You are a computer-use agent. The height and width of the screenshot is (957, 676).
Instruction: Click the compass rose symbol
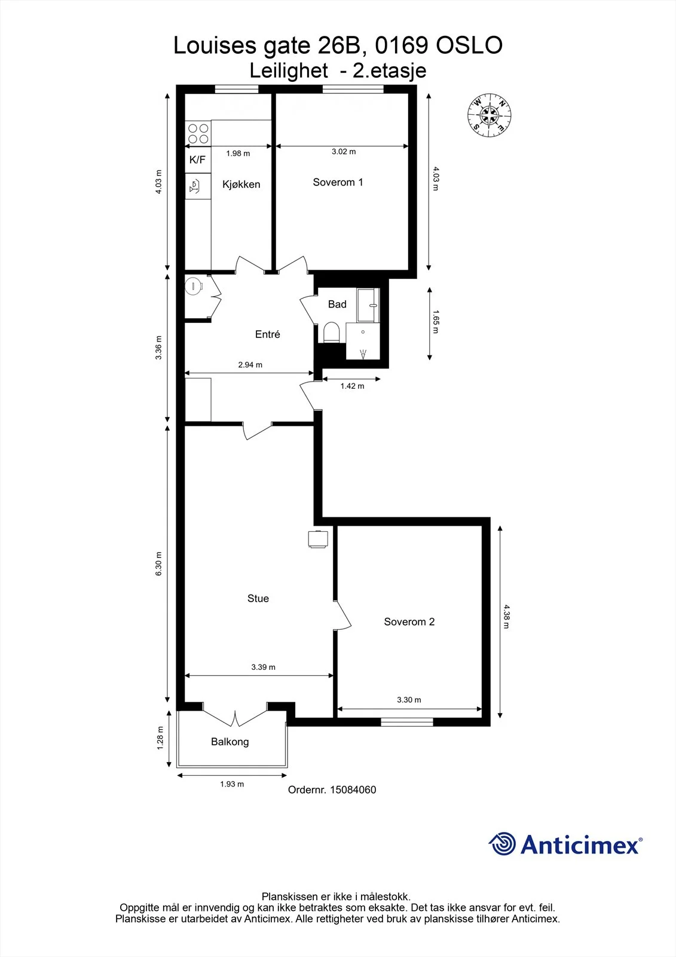click(x=489, y=115)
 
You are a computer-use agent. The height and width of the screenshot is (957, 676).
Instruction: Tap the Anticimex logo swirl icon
click(x=502, y=844)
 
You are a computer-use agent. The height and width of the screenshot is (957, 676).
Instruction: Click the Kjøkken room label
click(x=241, y=185)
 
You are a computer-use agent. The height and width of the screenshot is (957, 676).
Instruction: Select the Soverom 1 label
click(x=338, y=182)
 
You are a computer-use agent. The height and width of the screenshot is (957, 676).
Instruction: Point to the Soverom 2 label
click(x=409, y=621)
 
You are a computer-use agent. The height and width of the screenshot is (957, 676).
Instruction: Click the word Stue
click(x=258, y=598)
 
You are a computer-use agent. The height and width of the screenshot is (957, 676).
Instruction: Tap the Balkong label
click(x=230, y=742)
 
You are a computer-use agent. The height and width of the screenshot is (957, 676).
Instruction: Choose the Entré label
click(x=267, y=334)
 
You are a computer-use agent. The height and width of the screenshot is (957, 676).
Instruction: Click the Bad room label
click(x=337, y=304)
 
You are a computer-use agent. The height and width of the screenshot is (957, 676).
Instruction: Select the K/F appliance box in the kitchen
click(x=198, y=160)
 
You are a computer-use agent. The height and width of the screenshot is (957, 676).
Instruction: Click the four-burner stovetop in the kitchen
click(x=198, y=134)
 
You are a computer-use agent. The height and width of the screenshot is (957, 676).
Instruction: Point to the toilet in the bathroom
click(x=331, y=333)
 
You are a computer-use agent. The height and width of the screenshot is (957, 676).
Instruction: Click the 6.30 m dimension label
click(x=158, y=563)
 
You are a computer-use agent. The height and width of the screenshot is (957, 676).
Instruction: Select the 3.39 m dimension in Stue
click(x=263, y=667)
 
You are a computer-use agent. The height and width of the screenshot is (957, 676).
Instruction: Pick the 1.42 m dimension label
click(x=352, y=386)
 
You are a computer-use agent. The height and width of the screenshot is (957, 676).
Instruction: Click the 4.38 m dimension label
click(x=506, y=617)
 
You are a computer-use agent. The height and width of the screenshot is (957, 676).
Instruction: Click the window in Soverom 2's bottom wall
click(x=407, y=722)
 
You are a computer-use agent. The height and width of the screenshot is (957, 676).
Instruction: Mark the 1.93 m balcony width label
click(x=232, y=784)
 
